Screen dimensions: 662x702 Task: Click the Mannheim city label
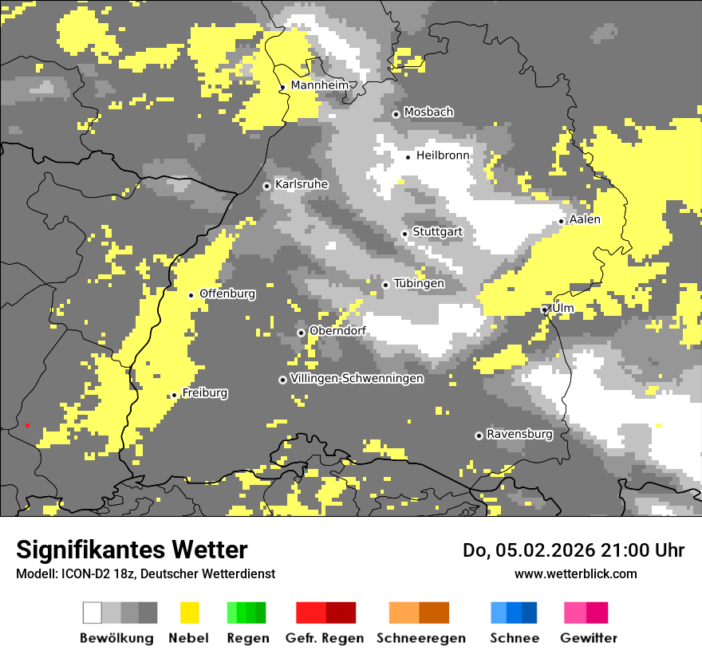click(319, 85)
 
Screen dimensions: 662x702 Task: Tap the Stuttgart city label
click(437, 232)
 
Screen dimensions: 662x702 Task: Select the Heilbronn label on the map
click(443, 156)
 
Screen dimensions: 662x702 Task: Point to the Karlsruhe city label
click(302, 184)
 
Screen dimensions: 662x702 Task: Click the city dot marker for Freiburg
click(174, 395)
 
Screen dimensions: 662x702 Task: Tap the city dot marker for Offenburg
click(191, 295)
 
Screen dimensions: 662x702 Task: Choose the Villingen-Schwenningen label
click(357, 379)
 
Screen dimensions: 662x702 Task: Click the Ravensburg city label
click(519, 435)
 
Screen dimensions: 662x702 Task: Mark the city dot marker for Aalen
click(562, 221)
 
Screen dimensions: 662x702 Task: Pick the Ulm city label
click(562, 308)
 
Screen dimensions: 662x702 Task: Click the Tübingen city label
click(419, 283)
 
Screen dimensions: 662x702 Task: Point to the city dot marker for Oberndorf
click(301, 333)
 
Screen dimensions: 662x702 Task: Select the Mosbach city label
click(428, 112)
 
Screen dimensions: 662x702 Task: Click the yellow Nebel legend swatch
click(189, 613)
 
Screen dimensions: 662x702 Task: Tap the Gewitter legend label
click(588, 638)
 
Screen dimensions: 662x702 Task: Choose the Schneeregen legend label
click(420, 638)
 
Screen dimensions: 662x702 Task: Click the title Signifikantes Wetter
click(132, 550)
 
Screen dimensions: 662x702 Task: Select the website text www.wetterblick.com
click(575, 573)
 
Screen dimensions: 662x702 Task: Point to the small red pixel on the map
click(27, 425)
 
